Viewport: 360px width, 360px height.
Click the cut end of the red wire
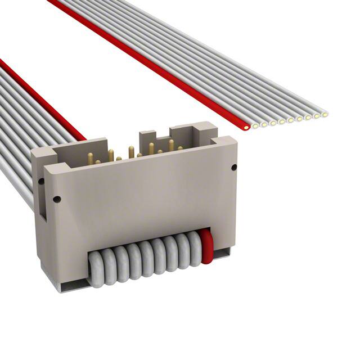click(246, 127)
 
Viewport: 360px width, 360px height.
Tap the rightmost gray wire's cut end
click(325, 115)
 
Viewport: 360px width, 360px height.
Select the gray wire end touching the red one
click(255, 125)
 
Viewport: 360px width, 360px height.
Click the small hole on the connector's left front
click(56, 199)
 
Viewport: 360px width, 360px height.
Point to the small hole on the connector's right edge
click(232, 166)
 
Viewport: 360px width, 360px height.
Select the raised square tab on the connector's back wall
click(146, 136)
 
